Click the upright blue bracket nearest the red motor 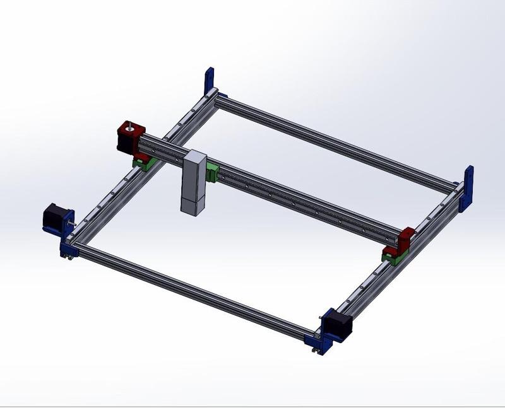point(210,82)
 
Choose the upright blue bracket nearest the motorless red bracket point(467,188)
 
